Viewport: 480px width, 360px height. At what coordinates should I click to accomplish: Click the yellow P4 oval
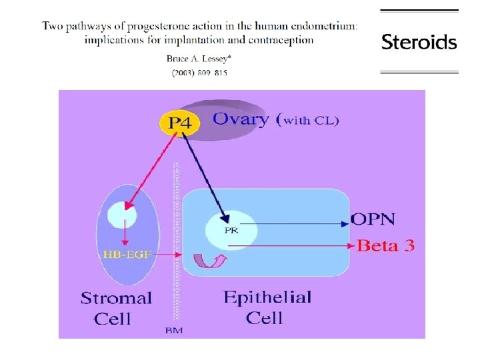[179, 123]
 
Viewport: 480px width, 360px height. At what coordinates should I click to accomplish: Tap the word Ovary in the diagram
[241, 120]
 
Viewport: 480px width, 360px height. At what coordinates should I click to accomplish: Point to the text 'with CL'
[312, 121]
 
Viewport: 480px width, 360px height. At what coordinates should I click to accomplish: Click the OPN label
[373, 219]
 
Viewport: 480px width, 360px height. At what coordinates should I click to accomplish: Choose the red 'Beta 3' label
[386, 245]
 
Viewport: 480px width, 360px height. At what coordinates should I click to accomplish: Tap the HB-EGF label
[122, 254]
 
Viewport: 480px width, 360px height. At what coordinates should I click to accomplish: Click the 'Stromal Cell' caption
[116, 308]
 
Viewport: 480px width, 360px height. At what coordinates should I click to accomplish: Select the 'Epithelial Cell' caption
[267, 306]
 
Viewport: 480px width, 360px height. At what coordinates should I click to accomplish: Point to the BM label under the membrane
[172, 330]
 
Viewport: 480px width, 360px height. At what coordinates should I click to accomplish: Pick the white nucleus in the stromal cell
[122, 215]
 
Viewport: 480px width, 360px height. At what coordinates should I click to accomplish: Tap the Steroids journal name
[419, 43]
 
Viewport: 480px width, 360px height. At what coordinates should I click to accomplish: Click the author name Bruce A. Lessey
[197, 58]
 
